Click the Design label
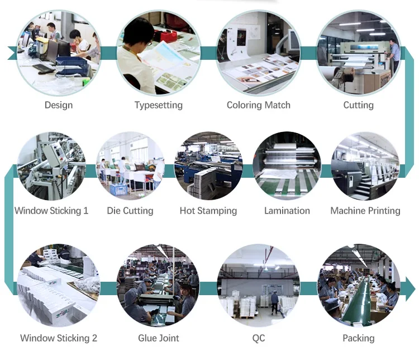point(59,105)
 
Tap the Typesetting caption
point(158,105)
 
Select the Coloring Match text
point(258,105)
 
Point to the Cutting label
point(358,105)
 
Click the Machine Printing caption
point(365,211)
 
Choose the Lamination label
point(287,211)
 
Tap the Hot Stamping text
point(208,211)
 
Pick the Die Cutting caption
point(130,211)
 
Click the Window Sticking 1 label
point(51,211)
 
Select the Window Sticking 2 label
point(59,338)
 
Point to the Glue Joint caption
point(159,338)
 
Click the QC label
point(258,338)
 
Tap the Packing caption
point(358,338)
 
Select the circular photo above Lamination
point(287,165)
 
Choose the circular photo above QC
point(258,285)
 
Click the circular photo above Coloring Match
point(258,53)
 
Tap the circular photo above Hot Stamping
point(208,165)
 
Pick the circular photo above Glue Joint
point(159,285)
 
